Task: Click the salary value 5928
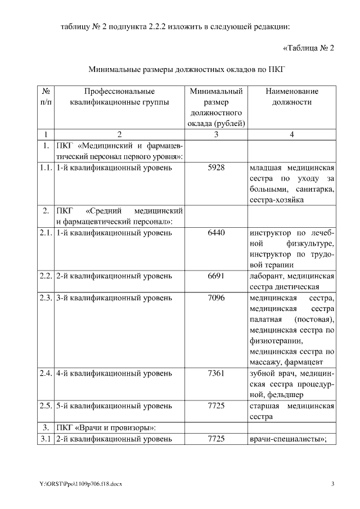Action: (216, 168)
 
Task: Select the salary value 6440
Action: (216, 233)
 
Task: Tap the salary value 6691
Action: (216, 276)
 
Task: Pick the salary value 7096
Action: (216, 298)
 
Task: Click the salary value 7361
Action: (216, 373)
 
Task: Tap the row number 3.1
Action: (45, 438)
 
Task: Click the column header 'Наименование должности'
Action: (291, 97)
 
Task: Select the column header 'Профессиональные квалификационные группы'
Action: (119, 97)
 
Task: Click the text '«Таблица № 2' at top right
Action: (308, 48)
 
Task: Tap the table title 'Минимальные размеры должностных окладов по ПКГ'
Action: (187, 70)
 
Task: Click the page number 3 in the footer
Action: (332, 484)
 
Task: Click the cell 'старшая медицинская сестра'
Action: (291, 411)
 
